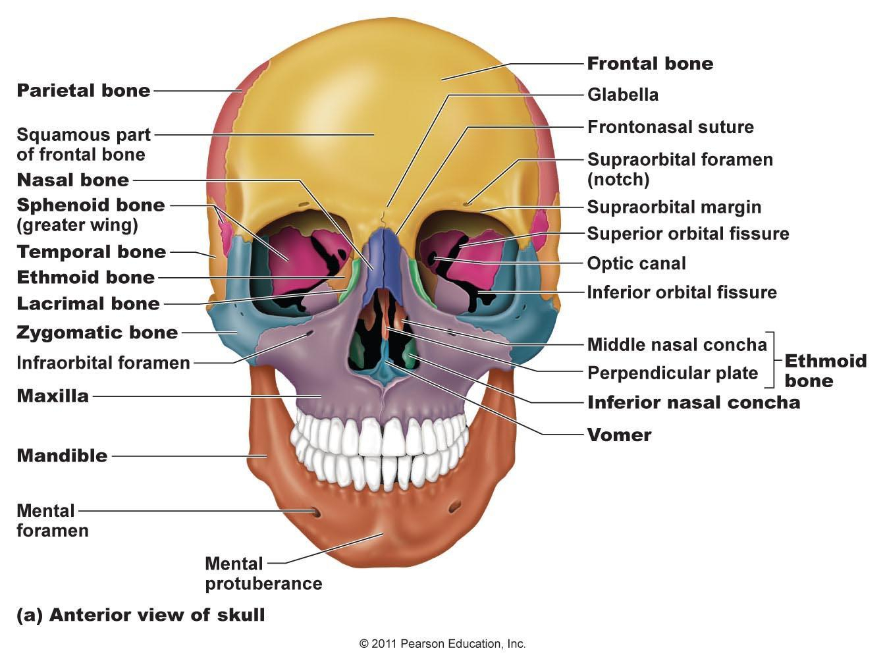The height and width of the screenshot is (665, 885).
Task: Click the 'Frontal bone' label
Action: click(650, 64)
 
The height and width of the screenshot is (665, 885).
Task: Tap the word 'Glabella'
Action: click(623, 95)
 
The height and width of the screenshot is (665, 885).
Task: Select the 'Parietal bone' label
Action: click(84, 91)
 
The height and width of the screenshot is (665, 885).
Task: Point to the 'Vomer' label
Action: click(619, 435)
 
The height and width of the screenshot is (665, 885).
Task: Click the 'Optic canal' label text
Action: click(637, 263)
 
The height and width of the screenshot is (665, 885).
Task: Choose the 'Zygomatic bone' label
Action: click(97, 333)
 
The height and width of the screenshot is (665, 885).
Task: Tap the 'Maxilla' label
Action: click(53, 396)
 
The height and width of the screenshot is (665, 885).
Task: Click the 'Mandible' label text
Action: click(62, 456)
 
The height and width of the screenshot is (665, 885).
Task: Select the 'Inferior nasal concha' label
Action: click(694, 402)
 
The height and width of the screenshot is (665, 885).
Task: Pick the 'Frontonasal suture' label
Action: click(670, 127)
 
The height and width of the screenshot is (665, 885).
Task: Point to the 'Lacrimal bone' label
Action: click(88, 304)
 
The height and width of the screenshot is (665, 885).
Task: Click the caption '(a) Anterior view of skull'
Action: click(141, 615)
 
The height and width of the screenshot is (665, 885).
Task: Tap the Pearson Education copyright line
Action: click(443, 644)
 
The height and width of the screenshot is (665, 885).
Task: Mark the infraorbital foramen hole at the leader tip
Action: click(311, 333)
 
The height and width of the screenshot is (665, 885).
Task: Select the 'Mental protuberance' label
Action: click(263, 573)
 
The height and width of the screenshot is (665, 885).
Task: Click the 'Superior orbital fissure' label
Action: click(688, 234)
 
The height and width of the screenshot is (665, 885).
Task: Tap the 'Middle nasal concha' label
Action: click(677, 345)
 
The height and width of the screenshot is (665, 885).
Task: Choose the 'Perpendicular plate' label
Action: click(672, 373)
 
